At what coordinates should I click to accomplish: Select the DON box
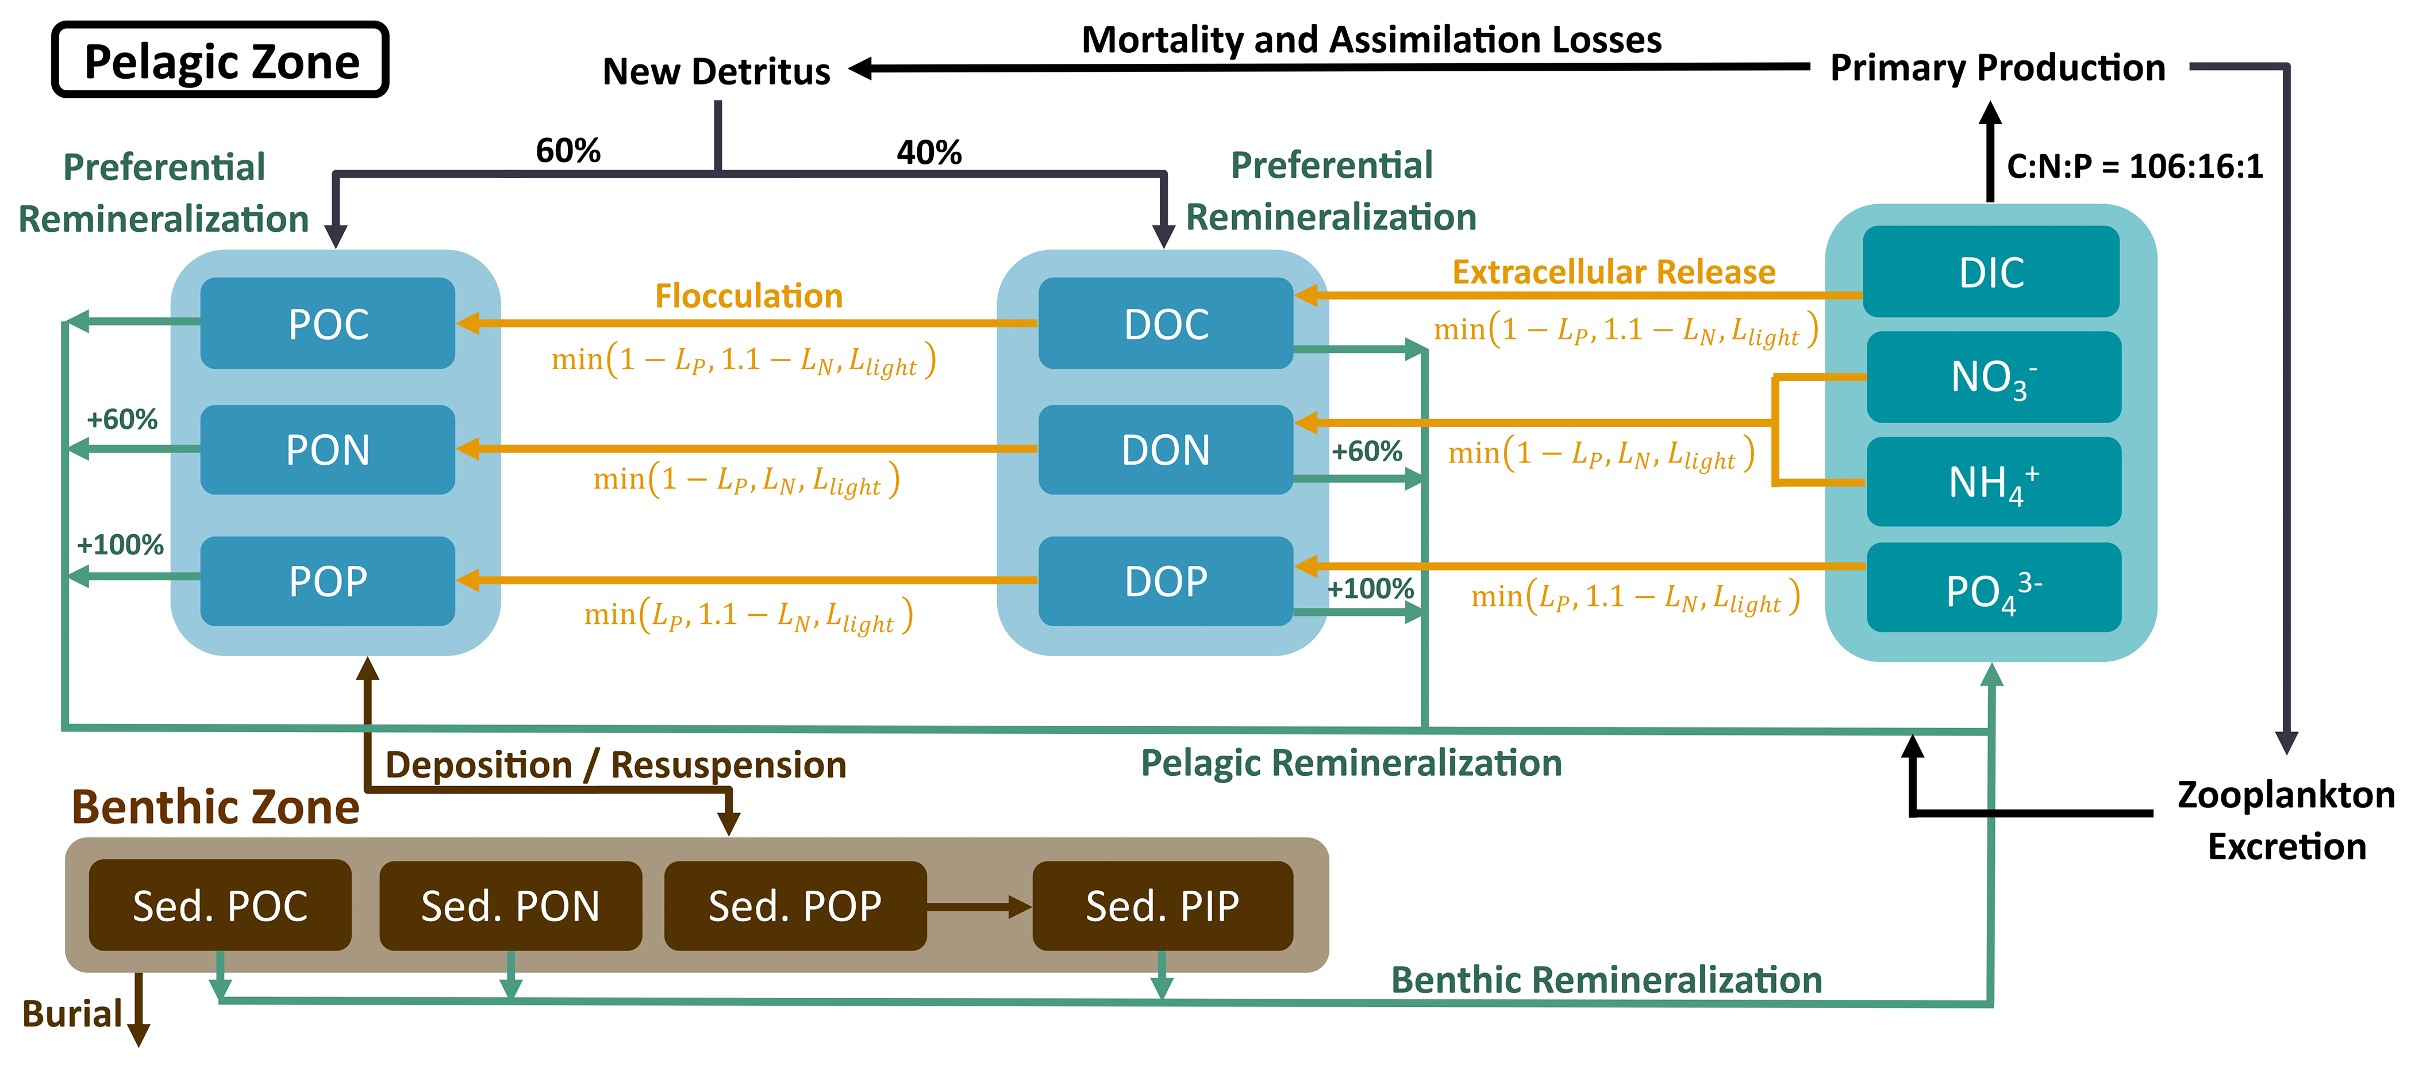[x=1166, y=450]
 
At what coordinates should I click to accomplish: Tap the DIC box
[x=1991, y=272]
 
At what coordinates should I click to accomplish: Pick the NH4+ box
[x=1993, y=482]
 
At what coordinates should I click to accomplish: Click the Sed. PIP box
[x=1163, y=906]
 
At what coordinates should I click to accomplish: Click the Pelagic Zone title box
[x=221, y=61]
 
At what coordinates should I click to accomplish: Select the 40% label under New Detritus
[x=929, y=152]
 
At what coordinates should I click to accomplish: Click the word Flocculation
[x=748, y=296]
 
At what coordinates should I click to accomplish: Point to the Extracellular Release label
[x=1613, y=272]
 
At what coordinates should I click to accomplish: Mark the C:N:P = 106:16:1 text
[x=2135, y=167]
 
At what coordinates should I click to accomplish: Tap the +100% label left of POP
[x=120, y=545]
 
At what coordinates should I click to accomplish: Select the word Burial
[x=72, y=1014]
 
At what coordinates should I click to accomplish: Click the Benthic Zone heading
[x=216, y=807]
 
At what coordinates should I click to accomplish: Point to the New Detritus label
[x=716, y=71]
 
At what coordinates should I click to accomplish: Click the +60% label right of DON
[x=1367, y=452]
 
